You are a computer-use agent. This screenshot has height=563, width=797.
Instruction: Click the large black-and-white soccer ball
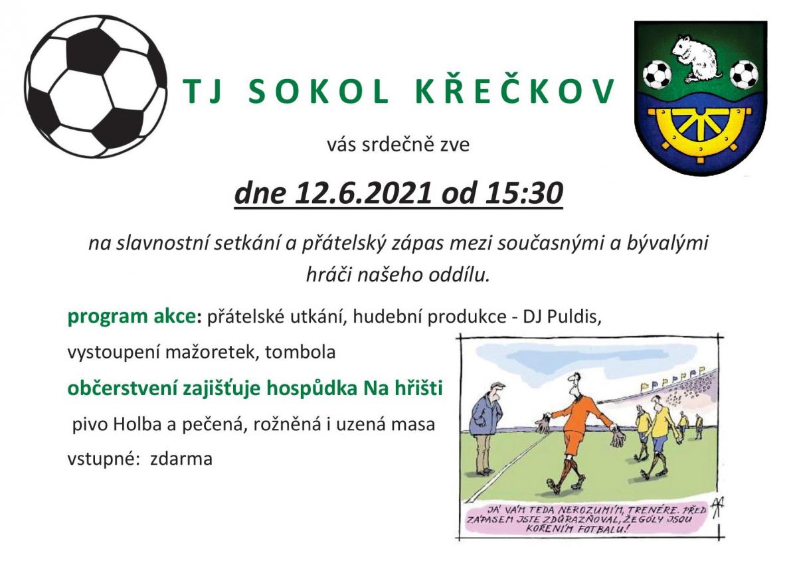(96, 87)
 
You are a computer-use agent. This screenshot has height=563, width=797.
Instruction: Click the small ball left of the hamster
(657, 75)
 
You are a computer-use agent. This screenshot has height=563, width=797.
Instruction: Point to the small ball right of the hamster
(744, 74)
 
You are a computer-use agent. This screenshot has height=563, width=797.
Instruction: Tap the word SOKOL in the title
(318, 92)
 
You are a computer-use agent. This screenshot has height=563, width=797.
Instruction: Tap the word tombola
(300, 352)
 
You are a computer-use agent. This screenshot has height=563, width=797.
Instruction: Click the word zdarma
(181, 459)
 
